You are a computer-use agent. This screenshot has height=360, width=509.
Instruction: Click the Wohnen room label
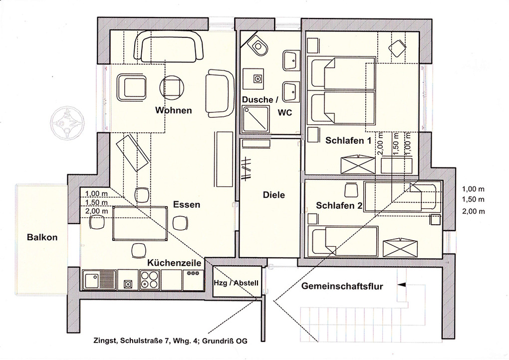click(173, 110)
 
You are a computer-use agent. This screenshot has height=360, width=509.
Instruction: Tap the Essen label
click(186, 205)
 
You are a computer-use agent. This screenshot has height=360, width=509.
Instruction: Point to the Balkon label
click(42, 237)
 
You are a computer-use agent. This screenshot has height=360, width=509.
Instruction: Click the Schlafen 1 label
click(348, 141)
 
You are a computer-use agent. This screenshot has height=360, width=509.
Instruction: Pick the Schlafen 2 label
click(339, 206)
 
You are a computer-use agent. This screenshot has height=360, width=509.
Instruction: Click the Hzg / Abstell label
click(236, 283)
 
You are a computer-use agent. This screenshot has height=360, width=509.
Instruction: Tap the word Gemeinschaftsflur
click(342, 286)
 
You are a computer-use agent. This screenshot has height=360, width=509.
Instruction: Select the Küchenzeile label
click(175, 263)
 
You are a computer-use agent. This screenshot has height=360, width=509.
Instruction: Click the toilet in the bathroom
click(259, 46)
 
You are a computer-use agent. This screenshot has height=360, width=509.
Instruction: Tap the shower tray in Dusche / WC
click(256, 118)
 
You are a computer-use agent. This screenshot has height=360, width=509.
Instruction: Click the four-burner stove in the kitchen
click(150, 280)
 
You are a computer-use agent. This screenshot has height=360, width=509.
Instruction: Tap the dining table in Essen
click(140, 223)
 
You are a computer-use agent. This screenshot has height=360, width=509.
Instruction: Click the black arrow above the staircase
click(402, 285)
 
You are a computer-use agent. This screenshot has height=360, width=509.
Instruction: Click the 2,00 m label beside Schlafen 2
click(474, 212)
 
